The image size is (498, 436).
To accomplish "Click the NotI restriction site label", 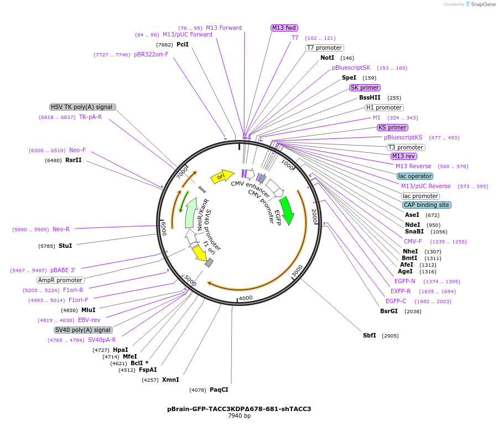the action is pyautogui.click(x=327, y=58).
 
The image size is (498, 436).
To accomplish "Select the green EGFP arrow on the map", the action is pyautogui.click(x=287, y=209).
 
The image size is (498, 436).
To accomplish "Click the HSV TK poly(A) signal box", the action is pyautogui.click(x=82, y=107).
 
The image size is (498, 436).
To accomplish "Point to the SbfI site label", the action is pyautogui.click(x=369, y=335).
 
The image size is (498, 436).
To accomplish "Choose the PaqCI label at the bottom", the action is pyautogui.click(x=219, y=390).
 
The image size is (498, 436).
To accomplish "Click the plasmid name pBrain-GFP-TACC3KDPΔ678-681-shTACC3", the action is pyautogui.click(x=239, y=409).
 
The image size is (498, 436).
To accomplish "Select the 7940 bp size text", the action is pyautogui.click(x=239, y=416).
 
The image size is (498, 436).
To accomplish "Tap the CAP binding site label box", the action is pyautogui.click(x=426, y=205).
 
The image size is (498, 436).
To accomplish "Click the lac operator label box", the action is pyautogui.click(x=415, y=176).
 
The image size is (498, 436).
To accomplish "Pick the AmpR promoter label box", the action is pyautogui.click(x=61, y=280).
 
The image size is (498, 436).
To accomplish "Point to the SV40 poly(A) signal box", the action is pyautogui.click(x=84, y=330).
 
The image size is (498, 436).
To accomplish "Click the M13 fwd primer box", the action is pyautogui.click(x=284, y=28).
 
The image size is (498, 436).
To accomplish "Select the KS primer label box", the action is pyautogui.click(x=392, y=127).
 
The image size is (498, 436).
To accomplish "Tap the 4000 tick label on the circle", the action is pyautogui.click(x=245, y=298).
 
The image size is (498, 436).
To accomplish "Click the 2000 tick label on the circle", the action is pyautogui.click(x=314, y=215).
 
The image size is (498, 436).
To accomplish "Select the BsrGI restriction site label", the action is pyautogui.click(x=388, y=311).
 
